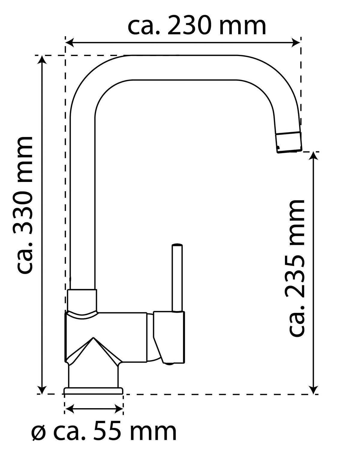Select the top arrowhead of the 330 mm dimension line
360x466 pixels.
(x=42, y=59)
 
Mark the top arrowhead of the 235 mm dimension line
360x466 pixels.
(x=314, y=156)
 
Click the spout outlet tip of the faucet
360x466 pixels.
(x=289, y=143)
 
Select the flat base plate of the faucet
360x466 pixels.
(x=93, y=390)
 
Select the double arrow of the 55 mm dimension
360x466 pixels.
(x=94, y=408)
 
